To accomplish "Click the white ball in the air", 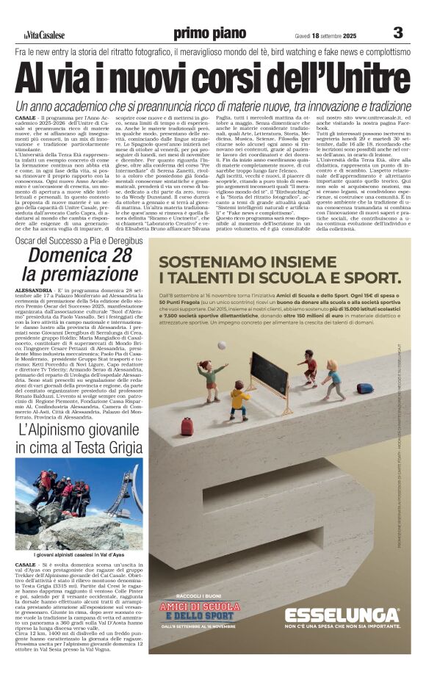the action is (221, 345).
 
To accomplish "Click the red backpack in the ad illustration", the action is (187, 425).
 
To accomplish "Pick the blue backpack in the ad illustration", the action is (365, 388).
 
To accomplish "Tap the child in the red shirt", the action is (307, 366).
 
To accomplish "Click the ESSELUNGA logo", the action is (341, 615).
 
